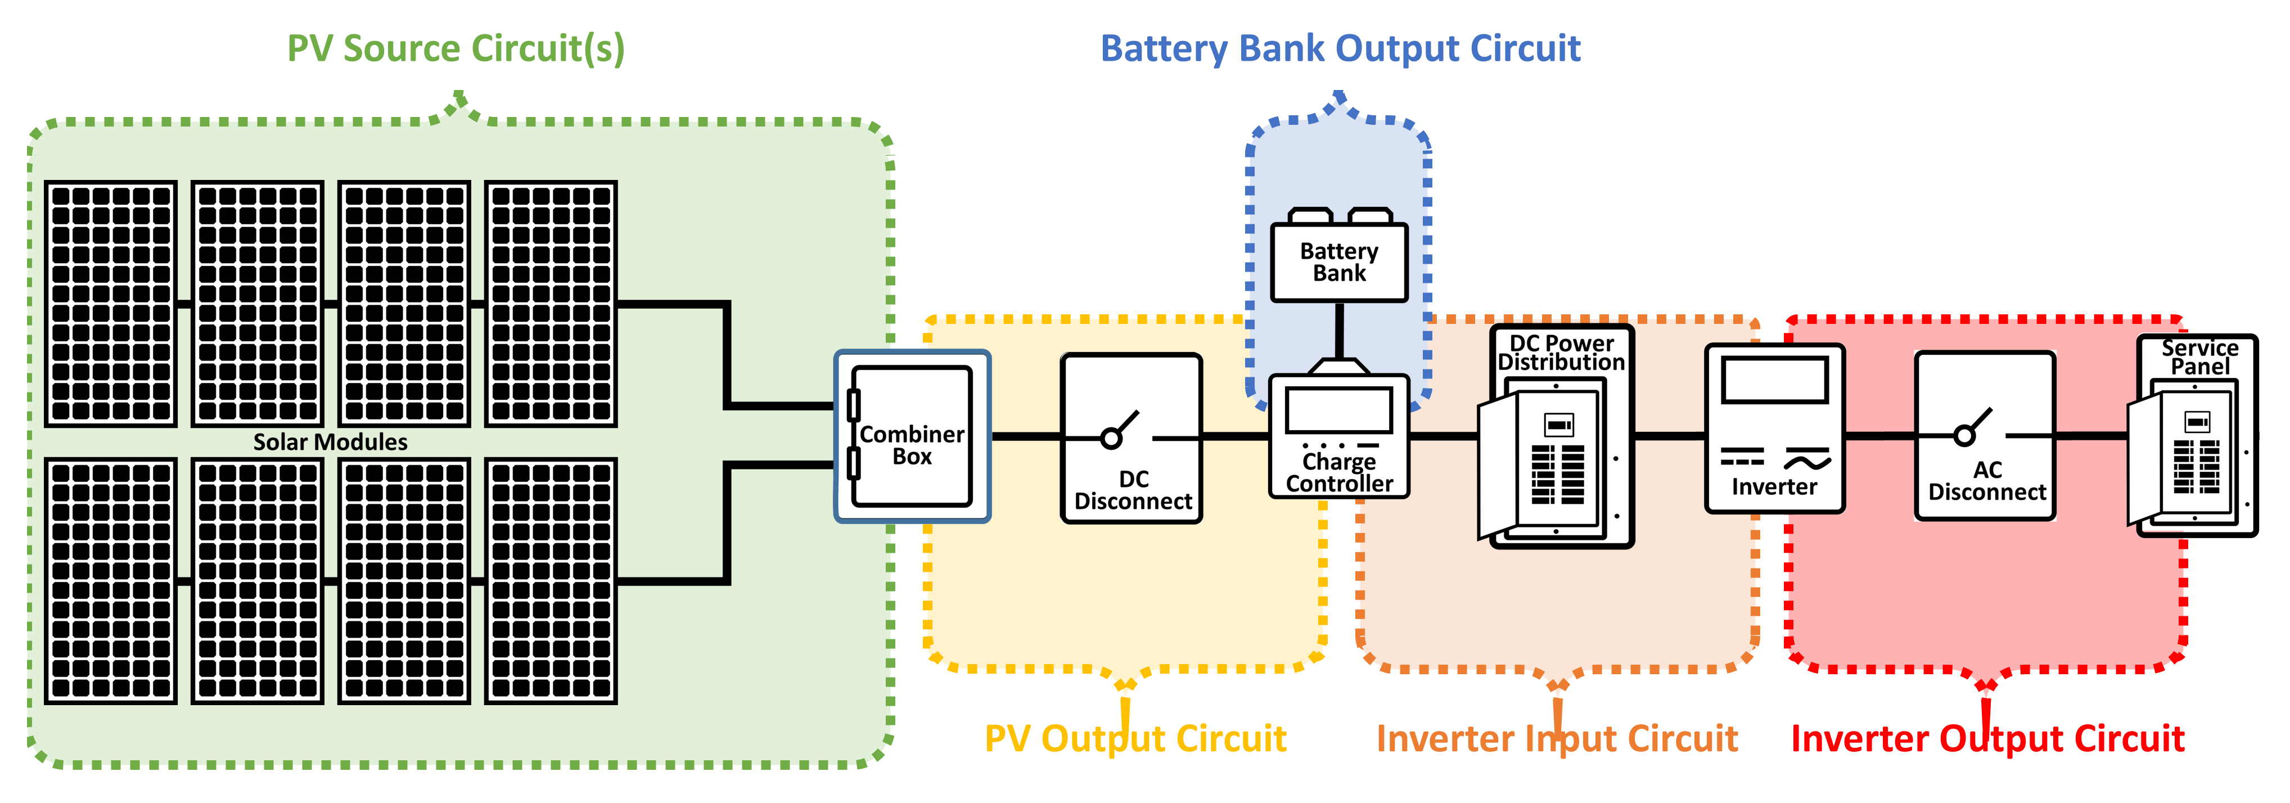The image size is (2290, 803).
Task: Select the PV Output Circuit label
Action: point(1135,738)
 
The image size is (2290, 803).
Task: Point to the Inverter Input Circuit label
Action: point(1557,738)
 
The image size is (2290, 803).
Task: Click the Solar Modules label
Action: point(330,442)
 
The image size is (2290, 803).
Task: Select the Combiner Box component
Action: point(912,436)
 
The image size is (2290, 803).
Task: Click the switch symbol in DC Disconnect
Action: point(1120,431)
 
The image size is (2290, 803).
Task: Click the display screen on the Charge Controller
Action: point(1339,412)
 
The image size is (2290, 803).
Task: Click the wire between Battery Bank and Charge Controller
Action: point(1339,331)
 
